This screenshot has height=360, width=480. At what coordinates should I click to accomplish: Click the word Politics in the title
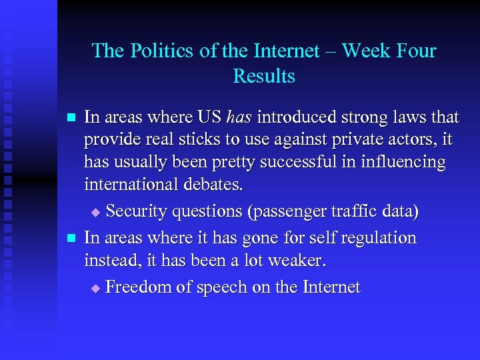click(155, 51)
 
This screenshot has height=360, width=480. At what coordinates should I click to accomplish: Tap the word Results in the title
click(264, 76)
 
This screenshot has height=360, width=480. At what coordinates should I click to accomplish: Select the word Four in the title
click(414, 51)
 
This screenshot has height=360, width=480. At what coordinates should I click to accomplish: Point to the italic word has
click(239, 118)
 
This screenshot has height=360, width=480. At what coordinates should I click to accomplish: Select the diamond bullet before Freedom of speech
click(95, 288)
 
